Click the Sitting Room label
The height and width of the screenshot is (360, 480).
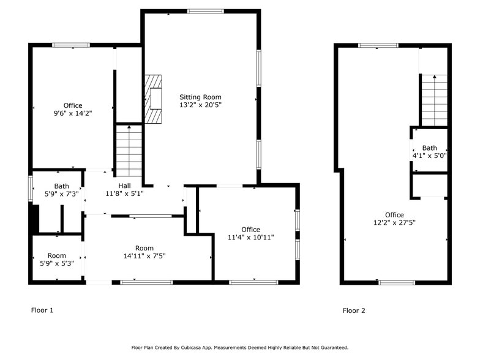[200, 97]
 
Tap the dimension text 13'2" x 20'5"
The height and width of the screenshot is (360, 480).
[200, 105]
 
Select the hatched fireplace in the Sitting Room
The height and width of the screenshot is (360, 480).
[153, 99]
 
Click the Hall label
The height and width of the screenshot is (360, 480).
[124, 186]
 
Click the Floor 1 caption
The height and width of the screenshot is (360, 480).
[42, 310]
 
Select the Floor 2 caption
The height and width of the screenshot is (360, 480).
[354, 310]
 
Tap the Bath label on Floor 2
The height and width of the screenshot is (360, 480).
[429, 148]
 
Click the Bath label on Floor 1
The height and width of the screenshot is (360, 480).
[61, 186]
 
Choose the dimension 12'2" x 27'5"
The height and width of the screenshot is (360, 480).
[394, 223]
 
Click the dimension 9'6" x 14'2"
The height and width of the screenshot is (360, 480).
[72, 113]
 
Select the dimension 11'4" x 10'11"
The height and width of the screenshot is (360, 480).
[250, 238]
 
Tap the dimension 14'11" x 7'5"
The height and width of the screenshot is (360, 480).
[144, 256]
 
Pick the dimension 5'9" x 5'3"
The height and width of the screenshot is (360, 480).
[57, 264]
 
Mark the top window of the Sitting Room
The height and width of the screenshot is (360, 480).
[205, 11]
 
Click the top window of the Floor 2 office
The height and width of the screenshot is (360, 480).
[378, 45]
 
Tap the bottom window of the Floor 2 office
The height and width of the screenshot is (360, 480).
[396, 282]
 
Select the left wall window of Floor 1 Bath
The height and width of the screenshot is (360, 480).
[31, 189]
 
